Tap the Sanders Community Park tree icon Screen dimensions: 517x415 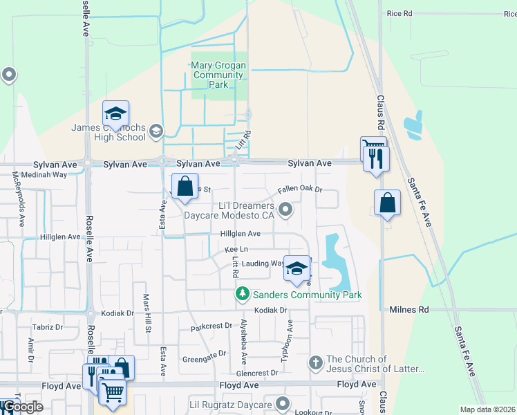[x=242, y=295]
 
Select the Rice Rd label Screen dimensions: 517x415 [x=399, y=13]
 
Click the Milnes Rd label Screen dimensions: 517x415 [x=409, y=310]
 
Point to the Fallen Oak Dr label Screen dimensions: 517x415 [x=300, y=189]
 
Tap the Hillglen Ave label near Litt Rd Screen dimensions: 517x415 [x=241, y=234]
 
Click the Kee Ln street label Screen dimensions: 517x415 [x=236, y=249]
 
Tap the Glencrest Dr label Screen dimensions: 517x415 [x=256, y=372]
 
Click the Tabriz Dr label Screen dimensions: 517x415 [x=48, y=326]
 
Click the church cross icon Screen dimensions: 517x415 [x=315, y=362]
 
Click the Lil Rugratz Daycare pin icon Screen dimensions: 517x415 [x=282, y=403]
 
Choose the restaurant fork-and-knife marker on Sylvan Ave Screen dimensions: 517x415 [x=377, y=158]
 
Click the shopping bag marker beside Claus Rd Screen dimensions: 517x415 [x=387, y=203]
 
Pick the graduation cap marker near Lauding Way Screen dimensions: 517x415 [x=297, y=269]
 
